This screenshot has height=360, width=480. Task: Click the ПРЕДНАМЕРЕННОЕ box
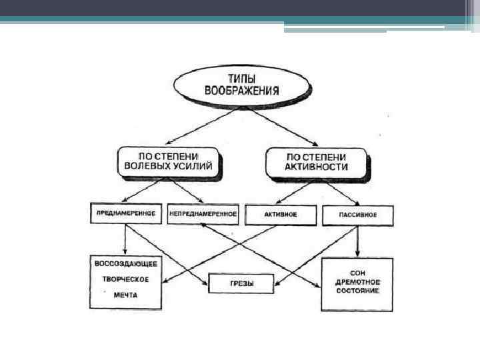(x=125, y=214)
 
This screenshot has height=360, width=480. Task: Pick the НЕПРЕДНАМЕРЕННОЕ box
(x=203, y=214)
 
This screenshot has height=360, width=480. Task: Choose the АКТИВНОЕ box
(x=281, y=215)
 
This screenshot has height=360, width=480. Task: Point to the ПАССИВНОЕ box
(x=359, y=215)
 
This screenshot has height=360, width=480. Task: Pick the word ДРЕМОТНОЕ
(x=358, y=283)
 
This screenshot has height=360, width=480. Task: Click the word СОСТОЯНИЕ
(x=358, y=291)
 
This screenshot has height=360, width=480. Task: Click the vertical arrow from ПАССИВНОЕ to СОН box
(x=358, y=241)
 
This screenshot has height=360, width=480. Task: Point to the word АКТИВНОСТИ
(x=317, y=167)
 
